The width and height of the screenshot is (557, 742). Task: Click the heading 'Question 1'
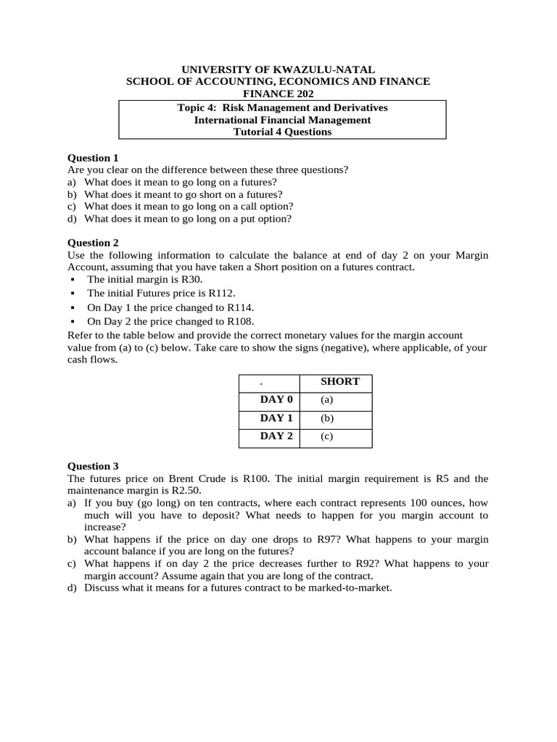93,158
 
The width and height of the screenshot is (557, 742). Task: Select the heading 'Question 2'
93,243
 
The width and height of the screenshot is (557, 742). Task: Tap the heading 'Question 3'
93,466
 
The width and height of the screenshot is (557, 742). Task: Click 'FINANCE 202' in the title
282,94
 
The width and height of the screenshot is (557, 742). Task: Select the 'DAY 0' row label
276,400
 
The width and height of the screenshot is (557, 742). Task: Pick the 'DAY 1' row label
276,419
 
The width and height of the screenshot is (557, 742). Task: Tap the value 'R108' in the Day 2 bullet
241,322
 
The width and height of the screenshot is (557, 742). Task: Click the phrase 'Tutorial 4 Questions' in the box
282,132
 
